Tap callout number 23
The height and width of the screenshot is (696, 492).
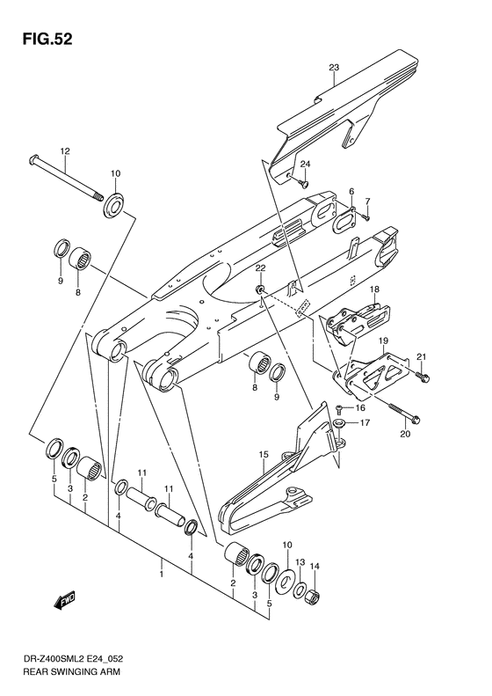(334, 67)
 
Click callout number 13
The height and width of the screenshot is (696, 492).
(300, 562)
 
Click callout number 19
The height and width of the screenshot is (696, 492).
(383, 340)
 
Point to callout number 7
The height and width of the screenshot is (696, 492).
(368, 201)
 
